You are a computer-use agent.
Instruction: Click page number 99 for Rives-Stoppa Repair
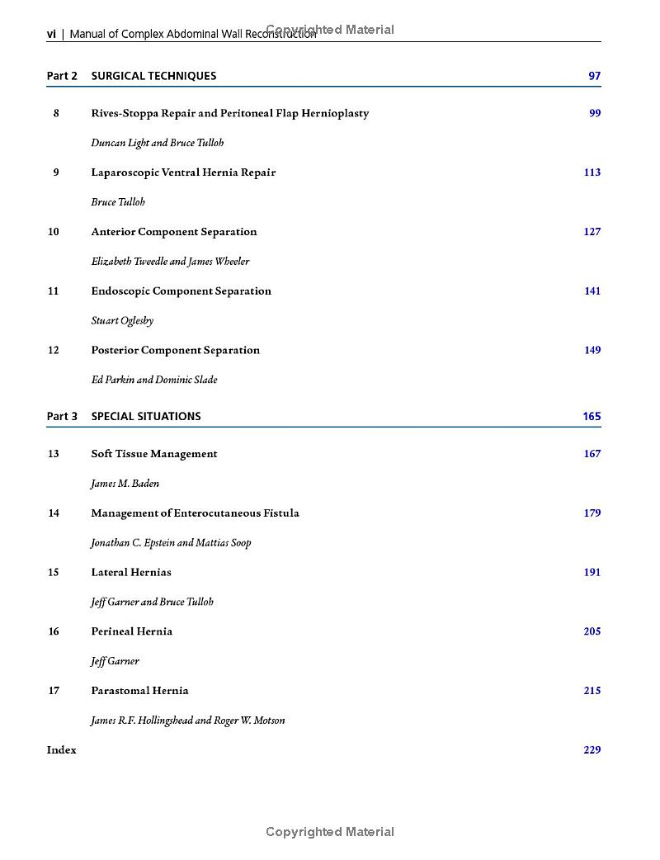tap(595, 113)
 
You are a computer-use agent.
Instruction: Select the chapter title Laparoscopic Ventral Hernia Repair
tap(183, 172)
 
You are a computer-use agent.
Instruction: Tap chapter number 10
tap(54, 232)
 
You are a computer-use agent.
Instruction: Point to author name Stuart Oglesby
tap(122, 320)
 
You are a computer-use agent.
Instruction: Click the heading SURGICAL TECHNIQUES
tap(153, 76)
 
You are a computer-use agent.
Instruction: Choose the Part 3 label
tap(62, 416)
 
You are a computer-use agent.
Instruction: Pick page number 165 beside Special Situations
tap(592, 416)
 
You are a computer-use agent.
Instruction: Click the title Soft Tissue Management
tap(154, 454)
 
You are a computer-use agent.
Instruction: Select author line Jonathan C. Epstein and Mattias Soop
tap(171, 542)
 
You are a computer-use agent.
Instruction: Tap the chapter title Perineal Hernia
tap(132, 631)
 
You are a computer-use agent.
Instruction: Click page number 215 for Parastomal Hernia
tap(592, 691)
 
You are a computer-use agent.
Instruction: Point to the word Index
tap(62, 750)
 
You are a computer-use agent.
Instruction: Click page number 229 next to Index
tap(592, 750)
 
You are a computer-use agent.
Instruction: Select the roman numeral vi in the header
tap(51, 34)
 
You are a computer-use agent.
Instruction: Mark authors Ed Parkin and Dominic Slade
tap(154, 380)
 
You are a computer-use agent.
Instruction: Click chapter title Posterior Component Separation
tap(176, 350)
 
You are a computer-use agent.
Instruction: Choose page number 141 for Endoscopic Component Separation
tap(592, 291)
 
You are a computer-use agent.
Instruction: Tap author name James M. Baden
tap(125, 484)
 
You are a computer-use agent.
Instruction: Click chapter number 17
tap(54, 691)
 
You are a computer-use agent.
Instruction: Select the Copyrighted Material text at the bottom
tap(330, 832)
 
